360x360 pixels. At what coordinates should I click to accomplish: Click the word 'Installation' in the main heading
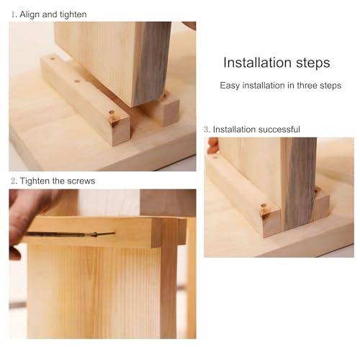pos(257,63)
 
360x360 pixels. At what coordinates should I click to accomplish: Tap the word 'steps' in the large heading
pos(312,63)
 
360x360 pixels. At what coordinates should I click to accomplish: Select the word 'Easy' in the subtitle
pos(230,86)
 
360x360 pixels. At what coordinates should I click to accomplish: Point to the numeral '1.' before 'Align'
pos(14,14)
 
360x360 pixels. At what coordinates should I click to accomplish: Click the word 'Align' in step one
pos(30,14)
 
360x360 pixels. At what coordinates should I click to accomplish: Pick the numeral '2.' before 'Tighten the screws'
pos(14,181)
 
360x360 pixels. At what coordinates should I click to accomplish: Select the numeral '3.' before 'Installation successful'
pos(207,130)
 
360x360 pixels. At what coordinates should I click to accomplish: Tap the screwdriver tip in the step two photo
pos(114,233)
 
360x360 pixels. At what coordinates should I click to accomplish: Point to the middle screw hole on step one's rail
pos(77,81)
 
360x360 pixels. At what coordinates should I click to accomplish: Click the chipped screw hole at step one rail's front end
pos(114,118)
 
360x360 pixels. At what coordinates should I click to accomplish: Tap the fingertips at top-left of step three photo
pos(213,145)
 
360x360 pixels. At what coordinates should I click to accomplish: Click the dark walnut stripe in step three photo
pos(300,182)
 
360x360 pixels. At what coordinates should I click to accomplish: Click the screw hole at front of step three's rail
pos(264,210)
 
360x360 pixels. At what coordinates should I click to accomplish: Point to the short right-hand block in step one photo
pos(163,110)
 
